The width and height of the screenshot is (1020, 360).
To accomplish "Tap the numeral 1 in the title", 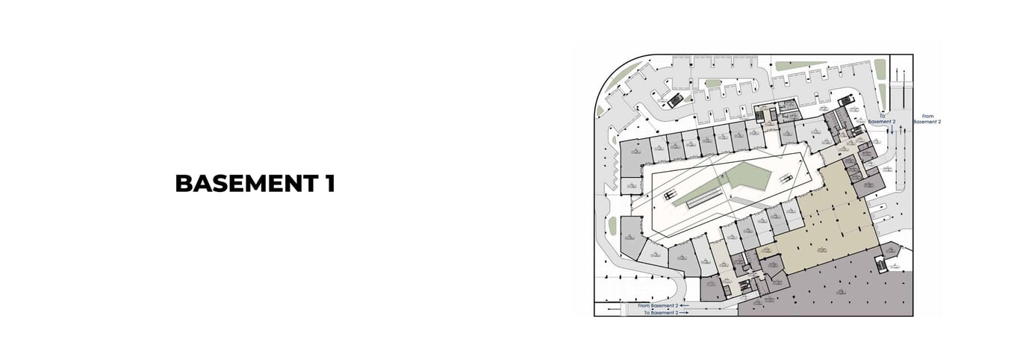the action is click(x=329, y=183).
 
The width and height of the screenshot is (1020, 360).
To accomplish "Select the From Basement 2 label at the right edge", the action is click(x=927, y=119).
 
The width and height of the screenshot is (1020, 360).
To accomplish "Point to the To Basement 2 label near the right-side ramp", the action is click(x=886, y=119).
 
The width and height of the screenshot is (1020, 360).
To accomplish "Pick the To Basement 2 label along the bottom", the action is click(x=661, y=313).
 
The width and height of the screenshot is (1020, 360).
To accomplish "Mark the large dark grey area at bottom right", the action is click(x=829, y=288).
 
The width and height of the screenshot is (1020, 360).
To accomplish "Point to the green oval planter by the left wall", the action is click(x=612, y=225).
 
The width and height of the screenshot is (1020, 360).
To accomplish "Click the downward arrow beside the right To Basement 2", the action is click(x=891, y=130).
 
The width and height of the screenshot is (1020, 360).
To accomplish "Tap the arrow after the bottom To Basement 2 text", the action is click(x=685, y=313).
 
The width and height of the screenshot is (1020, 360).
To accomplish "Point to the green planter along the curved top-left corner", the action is click(x=620, y=78).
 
